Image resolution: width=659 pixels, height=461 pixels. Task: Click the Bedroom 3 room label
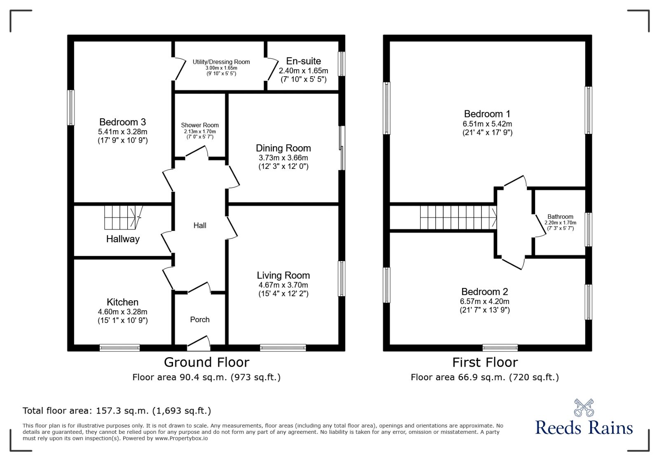pyautogui.click(x=122, y=122)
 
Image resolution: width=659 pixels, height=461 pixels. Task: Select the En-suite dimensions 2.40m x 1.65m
pyautogui.click(x=303, y=71)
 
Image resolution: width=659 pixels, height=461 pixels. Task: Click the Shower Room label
pyautogui.click(x=200, y=125)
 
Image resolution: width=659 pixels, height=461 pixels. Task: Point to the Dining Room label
pyautogui.click(x=283, y=148)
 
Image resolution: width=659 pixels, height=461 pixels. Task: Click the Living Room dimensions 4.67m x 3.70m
pyautogui.click(x=283, y=285)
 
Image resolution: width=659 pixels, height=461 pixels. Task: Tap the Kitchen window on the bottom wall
pyautogui.click(x=119, y=348)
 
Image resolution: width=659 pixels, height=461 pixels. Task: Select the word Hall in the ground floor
pyautogui.click(x=200, y=225)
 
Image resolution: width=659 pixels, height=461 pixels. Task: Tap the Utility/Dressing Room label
pyautogui.click(x=221, y=62)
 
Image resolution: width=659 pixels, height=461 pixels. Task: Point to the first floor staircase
pyautogui.click(x=457, y=217)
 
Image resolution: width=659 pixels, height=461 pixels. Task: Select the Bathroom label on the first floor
pyautogui.click(x=560, y=217)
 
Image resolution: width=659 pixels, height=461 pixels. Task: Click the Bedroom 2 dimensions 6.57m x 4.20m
pyautogui.click(x=485, y=302)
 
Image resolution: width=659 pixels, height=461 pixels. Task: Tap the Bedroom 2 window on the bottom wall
pyautogui.click(x=500, y=348)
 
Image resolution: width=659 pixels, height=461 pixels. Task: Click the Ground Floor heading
pyautogui.click(x=206, y=362)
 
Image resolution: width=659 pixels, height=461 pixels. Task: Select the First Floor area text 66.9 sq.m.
pyautogui.click(x=485, y=377)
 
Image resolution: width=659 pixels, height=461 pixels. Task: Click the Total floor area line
pyautogui.click(x=117, y=411)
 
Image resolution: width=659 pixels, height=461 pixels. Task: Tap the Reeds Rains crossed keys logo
pyautogui.click(x=584, y=407)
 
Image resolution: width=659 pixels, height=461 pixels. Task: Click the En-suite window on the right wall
pyautogui.click(x=341, y=63)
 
